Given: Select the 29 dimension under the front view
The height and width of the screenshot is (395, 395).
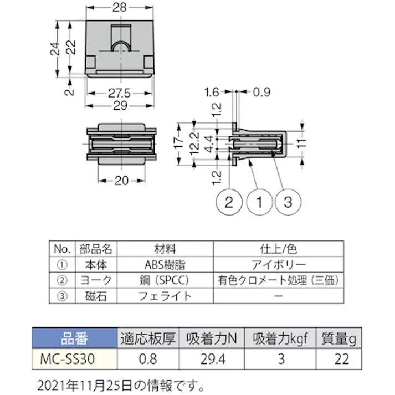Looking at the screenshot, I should [x=121, y=105].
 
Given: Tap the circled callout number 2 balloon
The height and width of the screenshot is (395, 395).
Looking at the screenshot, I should [x=228, y=202].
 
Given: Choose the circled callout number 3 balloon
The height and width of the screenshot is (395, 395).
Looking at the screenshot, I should [x=287, y=202].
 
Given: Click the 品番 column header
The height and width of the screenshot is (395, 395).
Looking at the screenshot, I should [x=75, y=338].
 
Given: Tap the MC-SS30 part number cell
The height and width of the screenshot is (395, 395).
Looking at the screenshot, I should [x=75, y=358].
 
